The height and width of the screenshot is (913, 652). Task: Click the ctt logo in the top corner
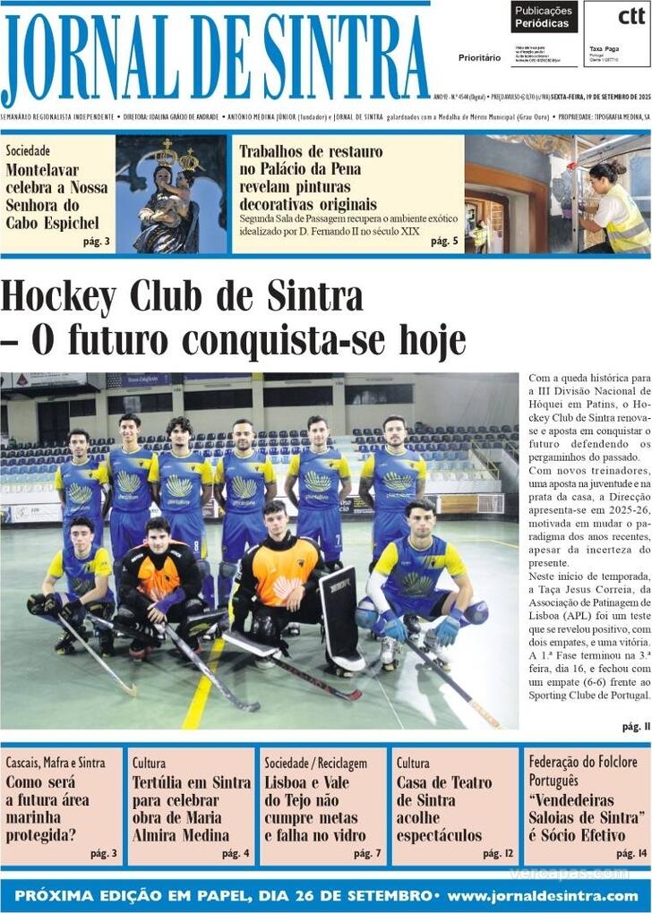pos(631,16)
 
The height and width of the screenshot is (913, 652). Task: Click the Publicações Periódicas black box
pos(544,17)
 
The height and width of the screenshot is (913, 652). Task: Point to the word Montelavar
pos(42,170)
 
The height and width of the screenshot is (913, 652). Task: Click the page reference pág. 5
pos(444,241)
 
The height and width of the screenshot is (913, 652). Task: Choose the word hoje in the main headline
pos(424,340)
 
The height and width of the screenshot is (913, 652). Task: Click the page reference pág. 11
pos(635,726)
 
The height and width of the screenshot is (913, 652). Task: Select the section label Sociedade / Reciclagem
pos(315,763)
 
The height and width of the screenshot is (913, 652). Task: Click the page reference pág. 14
pos(631,853)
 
